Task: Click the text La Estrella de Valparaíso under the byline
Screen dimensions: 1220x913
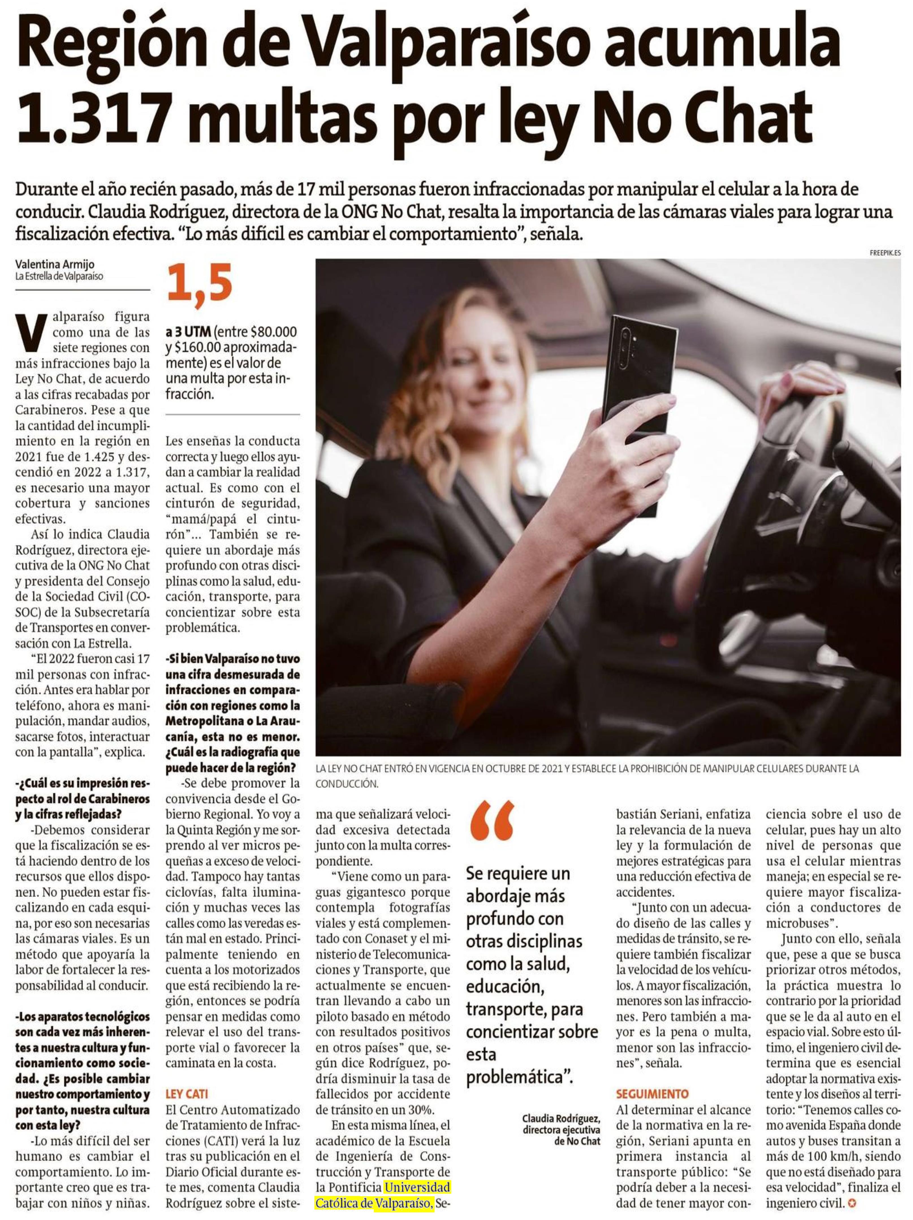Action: pyautogui.click(x=59, y=276)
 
